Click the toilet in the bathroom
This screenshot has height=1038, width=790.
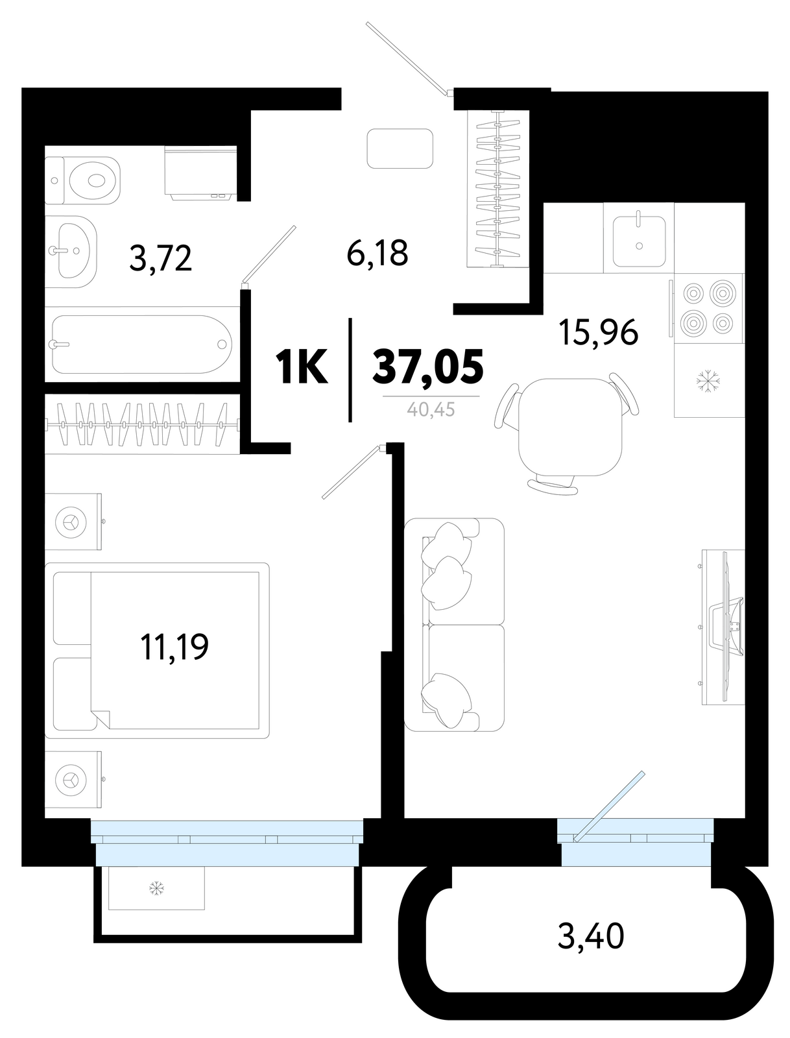tap(82, 180)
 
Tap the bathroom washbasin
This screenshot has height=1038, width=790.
tap(71, 251)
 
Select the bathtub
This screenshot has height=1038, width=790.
tap(142, 344)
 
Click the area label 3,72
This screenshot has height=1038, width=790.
tap(161, 258)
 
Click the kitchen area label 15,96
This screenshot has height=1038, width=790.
tap(598, 332)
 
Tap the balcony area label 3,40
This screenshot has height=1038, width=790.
tap(590, 936)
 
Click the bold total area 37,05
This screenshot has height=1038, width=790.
tap(428, 365)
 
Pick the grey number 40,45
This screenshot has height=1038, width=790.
tap(431, 410)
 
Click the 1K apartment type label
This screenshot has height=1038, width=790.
tap(301, 366)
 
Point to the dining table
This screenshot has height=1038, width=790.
tap(569, 427)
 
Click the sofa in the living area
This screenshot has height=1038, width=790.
tap(454, 625)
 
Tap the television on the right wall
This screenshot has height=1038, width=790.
tap(728, 627)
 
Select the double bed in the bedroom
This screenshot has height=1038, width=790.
tap(157, 650)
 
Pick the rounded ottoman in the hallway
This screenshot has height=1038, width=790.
tap(400, 149)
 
